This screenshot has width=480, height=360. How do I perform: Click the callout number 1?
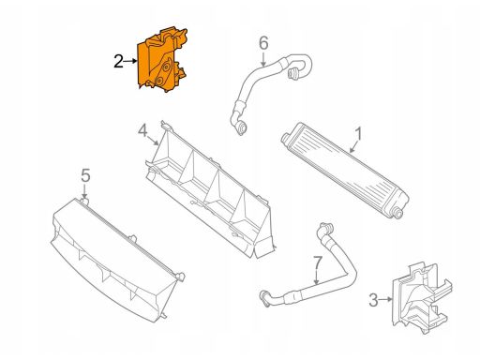tap(359, 134)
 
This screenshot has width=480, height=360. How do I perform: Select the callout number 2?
tap(118, 61)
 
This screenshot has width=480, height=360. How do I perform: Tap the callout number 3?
tap(373, 300)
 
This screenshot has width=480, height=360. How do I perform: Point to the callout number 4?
tap(142, 130)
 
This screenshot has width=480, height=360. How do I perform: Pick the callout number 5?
tap(85, 175)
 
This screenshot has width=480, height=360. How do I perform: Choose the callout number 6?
tap(263, 43)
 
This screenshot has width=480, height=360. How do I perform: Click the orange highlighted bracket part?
tap(161, 60)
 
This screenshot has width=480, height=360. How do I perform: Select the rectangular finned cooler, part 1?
tap(345, 171)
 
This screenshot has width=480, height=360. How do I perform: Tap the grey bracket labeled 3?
tap(420, 298)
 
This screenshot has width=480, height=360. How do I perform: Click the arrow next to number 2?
tap(130, 61)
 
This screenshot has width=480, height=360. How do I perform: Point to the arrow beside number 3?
tap(385, 300)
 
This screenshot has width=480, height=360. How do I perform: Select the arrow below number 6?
tap(263, 59)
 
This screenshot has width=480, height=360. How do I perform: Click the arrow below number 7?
tap(317, 277)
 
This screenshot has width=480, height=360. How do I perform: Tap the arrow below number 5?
tap(84, 190)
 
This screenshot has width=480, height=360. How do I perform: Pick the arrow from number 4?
tap(153, 141)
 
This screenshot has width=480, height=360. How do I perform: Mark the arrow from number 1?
tap(354, 147)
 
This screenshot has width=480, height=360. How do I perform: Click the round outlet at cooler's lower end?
tap(397, 214)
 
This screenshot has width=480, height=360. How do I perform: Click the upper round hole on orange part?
tap(166, 67)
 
